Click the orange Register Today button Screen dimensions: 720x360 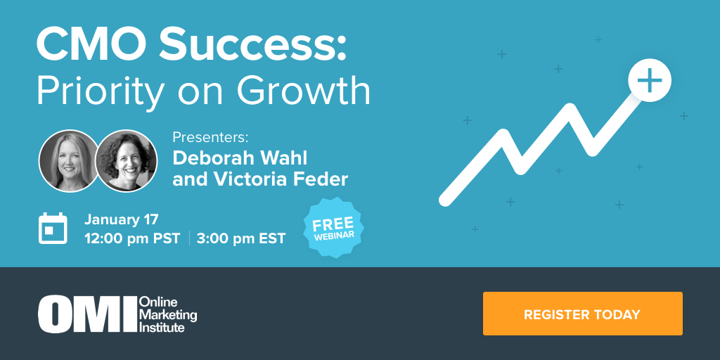pos(582,314)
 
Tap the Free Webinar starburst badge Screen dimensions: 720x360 pos(334,228)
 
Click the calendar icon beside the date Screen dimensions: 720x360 pos(53,229)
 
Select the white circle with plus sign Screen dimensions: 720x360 pos(649,80)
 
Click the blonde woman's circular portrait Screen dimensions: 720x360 pos(69,160)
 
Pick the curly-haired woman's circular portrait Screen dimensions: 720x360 pos(127,160)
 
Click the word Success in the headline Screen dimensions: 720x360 pos(252,46)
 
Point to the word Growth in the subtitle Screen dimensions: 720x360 pos(304,91)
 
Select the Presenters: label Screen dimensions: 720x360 pos(210,137)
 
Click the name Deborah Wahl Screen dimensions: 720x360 pos(240,158)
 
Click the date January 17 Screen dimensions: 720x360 pos(122,219)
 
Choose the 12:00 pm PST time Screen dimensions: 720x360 pos(132,239)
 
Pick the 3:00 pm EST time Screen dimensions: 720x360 pos(241,239)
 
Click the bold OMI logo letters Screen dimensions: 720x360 pos(87,314)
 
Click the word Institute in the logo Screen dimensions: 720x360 pos(162,327)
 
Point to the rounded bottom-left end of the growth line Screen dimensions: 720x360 pos(445,200)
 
